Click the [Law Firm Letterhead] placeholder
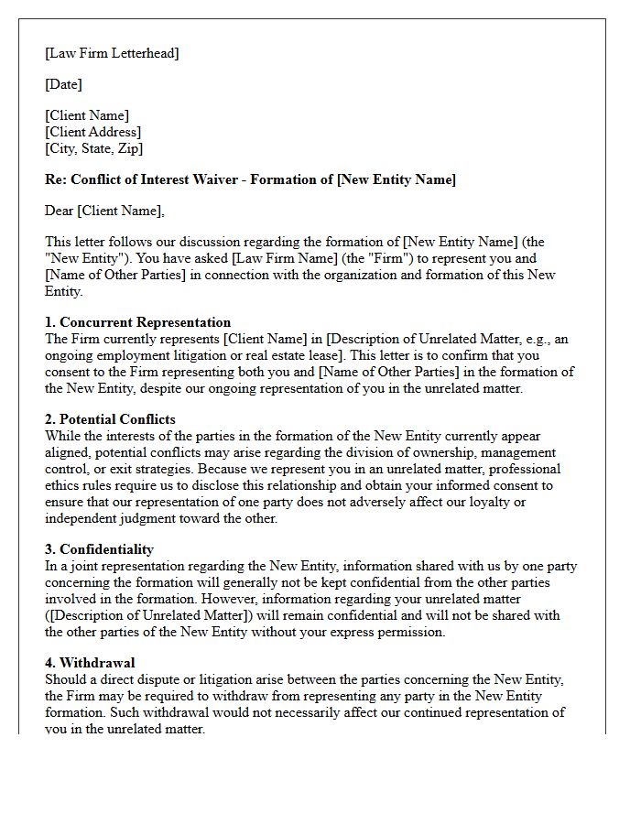point(112,53)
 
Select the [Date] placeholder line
point(63,84)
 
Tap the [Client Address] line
point(92,132)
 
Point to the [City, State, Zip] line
point(93,147)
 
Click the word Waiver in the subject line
point(239,179)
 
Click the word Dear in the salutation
point(60,211)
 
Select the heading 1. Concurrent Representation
point(137,322)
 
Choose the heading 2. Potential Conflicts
point(111,419)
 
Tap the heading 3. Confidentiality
point(99,549)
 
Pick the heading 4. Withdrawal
point(90,662)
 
